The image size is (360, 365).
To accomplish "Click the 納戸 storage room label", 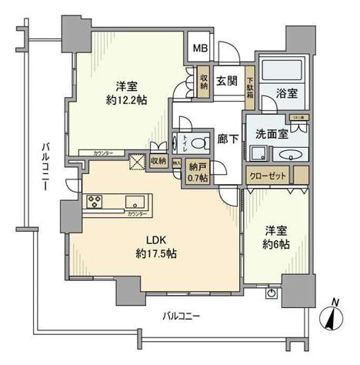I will pos(198,169).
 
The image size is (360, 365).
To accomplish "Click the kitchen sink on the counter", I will pos(137,202).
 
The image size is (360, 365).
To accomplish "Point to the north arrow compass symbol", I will pos(332,316).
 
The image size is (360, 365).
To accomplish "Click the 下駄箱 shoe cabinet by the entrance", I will pos(250,82).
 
